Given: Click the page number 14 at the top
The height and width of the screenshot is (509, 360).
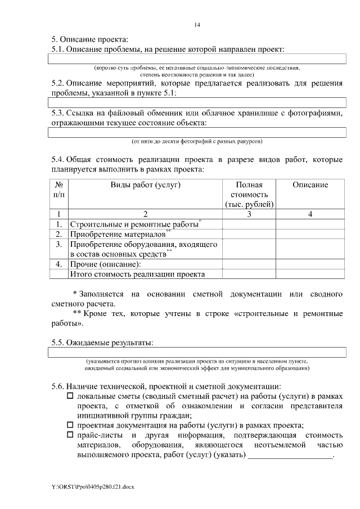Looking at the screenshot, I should pos(197,25).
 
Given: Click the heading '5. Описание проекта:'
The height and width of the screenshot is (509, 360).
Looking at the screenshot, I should pos(89,39).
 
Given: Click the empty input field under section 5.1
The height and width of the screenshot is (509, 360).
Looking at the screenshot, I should pos(196,59).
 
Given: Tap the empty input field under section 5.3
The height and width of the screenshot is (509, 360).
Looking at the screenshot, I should pos(196,132).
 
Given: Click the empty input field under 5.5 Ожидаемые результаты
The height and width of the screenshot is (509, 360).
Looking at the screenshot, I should pos(196,353).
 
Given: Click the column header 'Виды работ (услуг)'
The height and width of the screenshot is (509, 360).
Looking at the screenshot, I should pos(145,185).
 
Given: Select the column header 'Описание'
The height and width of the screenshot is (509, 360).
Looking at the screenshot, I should pos(310,185).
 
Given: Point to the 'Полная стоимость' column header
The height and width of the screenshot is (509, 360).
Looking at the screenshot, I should pos(249,194).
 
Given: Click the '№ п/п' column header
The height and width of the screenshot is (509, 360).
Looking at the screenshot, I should pos(58,190).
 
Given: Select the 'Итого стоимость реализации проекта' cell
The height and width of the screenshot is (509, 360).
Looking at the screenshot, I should pos(137,274).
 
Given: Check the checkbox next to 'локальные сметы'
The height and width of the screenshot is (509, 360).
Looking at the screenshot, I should pos(70,397).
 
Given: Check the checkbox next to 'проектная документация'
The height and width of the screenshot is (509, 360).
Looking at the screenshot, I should pos(70,425).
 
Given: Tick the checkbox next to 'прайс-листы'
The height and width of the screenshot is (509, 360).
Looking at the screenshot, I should pos(70,435).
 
